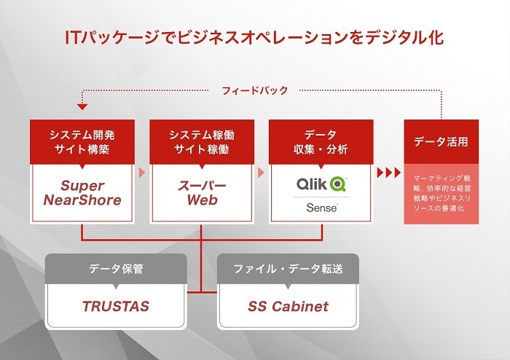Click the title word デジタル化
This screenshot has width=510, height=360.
click(401, 36)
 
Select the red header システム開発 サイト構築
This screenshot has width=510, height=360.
click(82, 142)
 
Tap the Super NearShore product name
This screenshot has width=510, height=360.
click(82, 193)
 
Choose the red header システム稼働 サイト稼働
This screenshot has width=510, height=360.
click(203, 142)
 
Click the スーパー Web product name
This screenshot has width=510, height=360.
click(203, 193)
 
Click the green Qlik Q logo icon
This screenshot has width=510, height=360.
click(338, 183)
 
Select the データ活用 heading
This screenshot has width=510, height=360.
click(442, 141)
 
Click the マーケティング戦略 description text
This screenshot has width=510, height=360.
click(442, 193)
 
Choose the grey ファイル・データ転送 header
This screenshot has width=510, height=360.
click(289, 268)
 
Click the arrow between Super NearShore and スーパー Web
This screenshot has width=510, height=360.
click(141, 173)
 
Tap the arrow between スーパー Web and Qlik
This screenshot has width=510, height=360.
click(262, 173)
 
